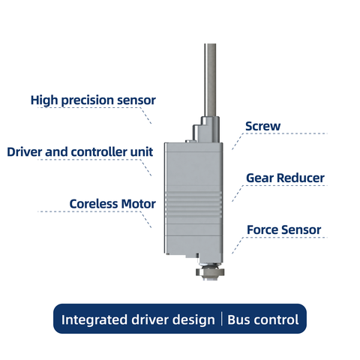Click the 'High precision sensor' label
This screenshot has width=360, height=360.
point(93,100)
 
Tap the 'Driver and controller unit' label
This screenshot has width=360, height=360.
point(80,151)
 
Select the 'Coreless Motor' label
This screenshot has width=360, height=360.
point(112,203)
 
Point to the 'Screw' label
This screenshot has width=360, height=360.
point(263,126)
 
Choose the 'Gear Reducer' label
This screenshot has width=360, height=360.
point(285,178)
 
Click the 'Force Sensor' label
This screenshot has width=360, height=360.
point(283,229)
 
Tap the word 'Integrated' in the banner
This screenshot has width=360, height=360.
point(94,319)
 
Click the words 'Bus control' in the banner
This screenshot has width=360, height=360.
point(263,319)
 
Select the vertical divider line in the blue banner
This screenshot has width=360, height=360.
point(222,319)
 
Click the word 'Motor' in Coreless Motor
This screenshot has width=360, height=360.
point(138,203)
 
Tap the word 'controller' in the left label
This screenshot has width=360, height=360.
point(103,151)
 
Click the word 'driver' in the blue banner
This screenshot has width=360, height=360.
point(151,319)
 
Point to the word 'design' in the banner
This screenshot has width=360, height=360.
point(193,319)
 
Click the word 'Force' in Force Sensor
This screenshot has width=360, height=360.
point(262,229)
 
